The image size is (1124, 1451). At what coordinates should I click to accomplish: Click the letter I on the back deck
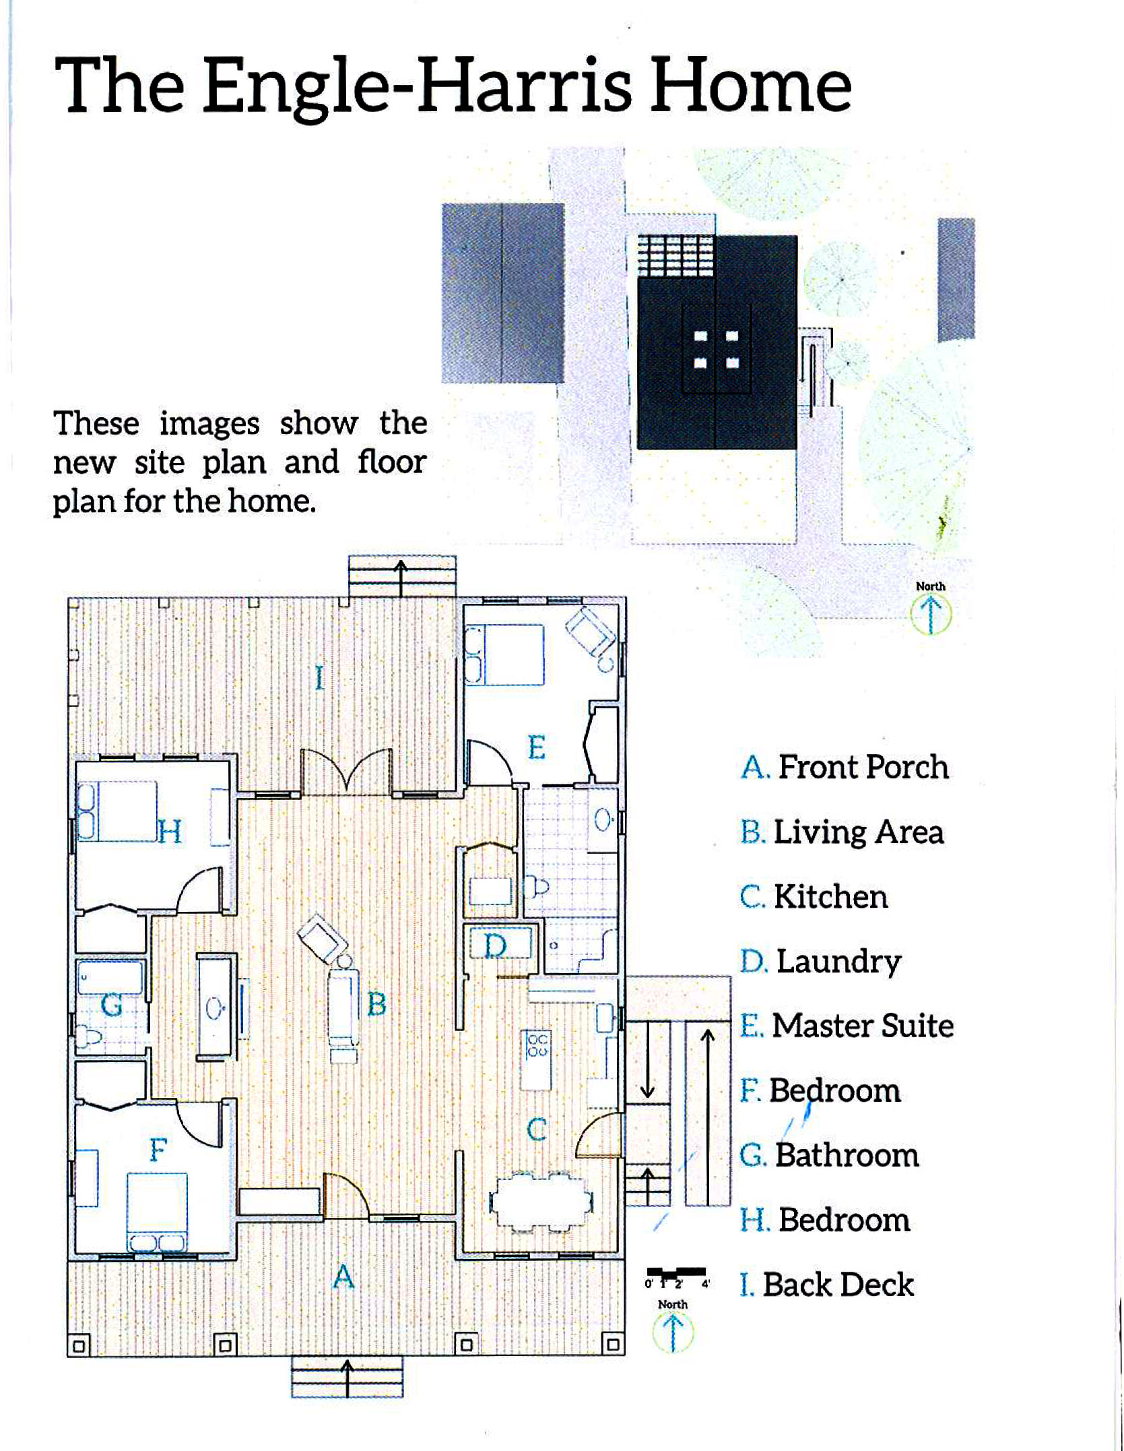[320, 677]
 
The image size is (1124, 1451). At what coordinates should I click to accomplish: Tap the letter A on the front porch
[343, 1276]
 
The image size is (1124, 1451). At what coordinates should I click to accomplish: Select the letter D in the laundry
[496, 946]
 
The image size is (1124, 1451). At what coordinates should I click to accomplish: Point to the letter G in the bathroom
[111, 1006]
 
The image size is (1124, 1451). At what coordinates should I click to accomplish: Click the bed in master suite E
[504, 655]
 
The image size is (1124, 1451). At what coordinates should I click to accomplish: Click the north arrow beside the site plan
[931, 615]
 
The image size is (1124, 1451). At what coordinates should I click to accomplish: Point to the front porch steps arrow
[348, 1378]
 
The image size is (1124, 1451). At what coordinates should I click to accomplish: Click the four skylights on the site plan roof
[716, 349]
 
